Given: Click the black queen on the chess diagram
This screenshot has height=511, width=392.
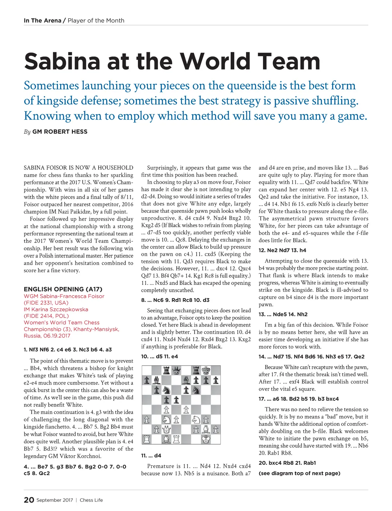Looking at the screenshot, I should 176,371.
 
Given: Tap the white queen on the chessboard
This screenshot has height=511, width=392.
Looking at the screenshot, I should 167,429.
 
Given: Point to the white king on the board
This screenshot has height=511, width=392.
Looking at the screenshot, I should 206,439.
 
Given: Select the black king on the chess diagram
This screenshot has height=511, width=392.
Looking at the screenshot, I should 206,371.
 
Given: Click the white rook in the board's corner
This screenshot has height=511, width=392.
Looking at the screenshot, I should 147,439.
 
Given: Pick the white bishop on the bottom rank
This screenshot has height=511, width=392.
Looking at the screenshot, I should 167,439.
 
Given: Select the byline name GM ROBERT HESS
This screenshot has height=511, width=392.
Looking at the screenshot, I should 60,132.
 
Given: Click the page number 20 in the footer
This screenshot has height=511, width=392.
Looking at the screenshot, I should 29,500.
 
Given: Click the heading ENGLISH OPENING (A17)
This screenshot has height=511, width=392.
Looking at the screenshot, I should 63,289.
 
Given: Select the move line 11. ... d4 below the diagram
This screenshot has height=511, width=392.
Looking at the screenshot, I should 151,455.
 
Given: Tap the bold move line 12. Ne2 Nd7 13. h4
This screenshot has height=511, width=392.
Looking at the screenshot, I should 283,250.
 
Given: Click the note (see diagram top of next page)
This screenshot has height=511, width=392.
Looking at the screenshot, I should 299,473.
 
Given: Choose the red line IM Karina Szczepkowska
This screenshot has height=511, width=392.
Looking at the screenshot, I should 56,309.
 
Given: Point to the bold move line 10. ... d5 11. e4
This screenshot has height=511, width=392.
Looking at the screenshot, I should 159,356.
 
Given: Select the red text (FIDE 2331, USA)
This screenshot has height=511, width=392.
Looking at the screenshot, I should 46,303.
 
